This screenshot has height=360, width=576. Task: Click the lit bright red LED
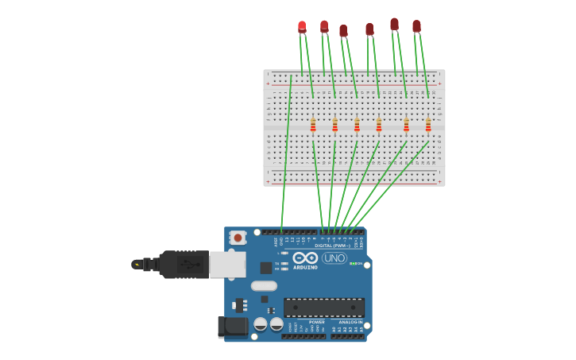(x=302, y=26)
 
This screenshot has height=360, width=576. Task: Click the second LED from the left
(x=324, y=26)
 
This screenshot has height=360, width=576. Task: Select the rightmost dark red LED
(x=416, y=26)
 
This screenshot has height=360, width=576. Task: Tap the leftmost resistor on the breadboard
(x=313, y=125)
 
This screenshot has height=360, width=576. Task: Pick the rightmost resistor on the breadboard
(x=428, y=125)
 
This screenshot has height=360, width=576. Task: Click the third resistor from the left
(x=357, y=125)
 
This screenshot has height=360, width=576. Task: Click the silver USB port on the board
(x=227, y=264)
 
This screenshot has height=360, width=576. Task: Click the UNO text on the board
(x=334, y=257)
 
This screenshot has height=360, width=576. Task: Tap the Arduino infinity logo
(x=305, y=257)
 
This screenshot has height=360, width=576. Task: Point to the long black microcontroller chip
(x=324, y=308)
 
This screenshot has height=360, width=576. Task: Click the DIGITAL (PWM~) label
(x=332, y=246)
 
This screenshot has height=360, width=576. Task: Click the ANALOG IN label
(x=350, y=322)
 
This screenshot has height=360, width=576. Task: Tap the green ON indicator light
(x=352, y=263)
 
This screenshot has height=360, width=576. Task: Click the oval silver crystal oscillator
(x=264, y=286)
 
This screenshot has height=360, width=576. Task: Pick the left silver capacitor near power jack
(x=261, y=323)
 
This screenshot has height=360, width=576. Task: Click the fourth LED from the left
(x=369, y=29)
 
